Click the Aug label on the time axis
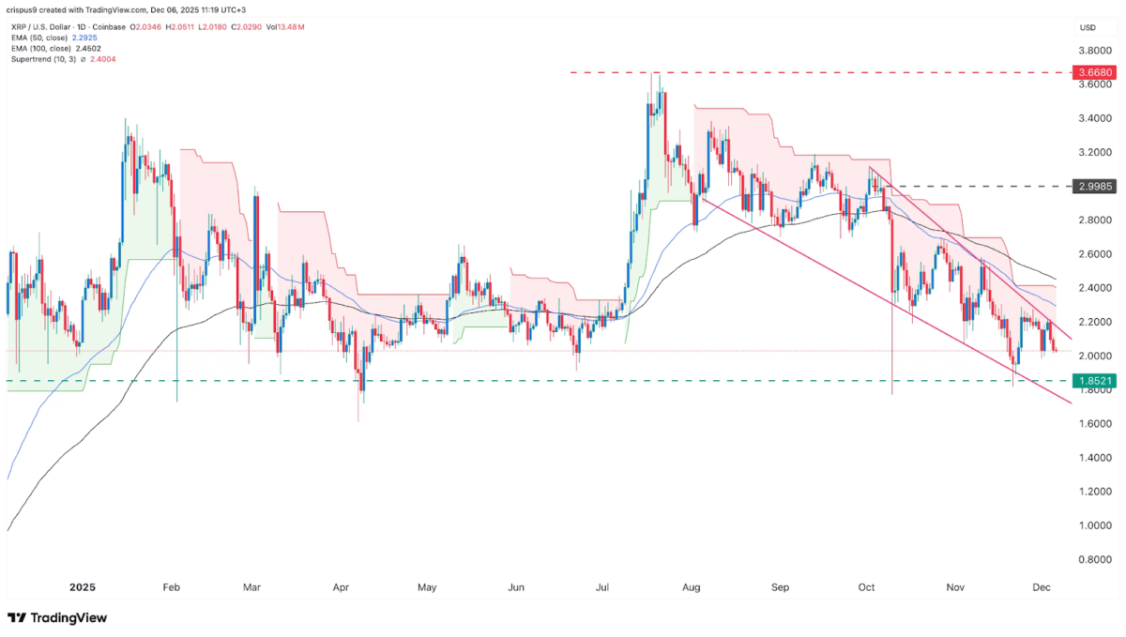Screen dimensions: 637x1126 coord(692,588)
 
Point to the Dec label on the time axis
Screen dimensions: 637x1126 coord(1042,588)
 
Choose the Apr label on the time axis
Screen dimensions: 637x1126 coord(341,588)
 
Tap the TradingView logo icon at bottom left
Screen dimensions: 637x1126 coord(17,618)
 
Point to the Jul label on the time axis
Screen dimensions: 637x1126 coord(603,588)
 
